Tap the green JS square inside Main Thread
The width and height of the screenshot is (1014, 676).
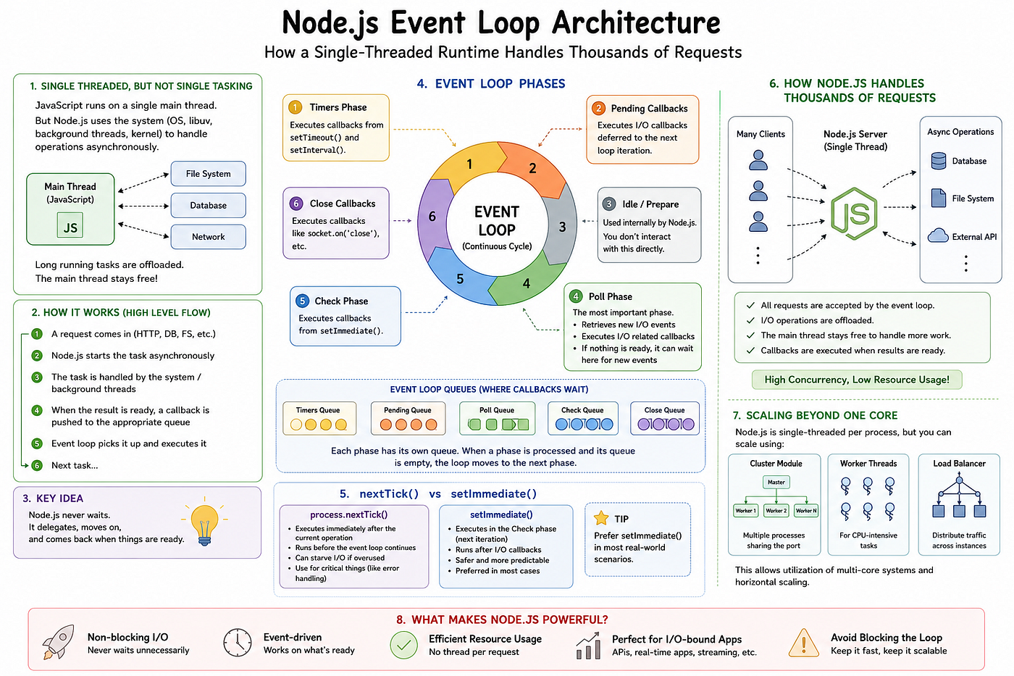click(x=70, y=225)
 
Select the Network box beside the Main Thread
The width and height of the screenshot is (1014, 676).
click(x=209, y=237)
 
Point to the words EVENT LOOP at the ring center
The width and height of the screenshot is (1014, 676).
click(x=497, y=220)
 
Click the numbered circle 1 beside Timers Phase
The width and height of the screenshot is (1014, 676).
click(x=296, y=107)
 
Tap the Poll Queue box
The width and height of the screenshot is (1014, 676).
click(x=497, y=418)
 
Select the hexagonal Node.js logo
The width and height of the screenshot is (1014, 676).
click(x=854, y=213)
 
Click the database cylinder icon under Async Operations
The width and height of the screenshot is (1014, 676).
click(x=939, y=161)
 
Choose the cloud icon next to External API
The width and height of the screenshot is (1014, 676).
click(x=938, y=235)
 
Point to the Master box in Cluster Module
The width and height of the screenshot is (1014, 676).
click(x=776, y=483)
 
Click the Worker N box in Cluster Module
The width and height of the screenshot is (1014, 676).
click(x=806, y=511)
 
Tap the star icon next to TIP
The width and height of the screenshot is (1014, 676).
click(x=600, y=517)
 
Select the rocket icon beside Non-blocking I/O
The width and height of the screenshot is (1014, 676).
click(x=58, y=642)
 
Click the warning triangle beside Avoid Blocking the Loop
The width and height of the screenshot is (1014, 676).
click(x=803, y=643)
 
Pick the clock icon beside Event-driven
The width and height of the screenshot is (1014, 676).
click(x=238, y=642)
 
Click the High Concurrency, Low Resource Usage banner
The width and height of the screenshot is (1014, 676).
click(x=856, y=380)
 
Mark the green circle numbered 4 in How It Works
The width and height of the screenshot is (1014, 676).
click(x=37, y=410)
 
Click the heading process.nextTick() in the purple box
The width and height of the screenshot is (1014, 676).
click(x=348, y=514)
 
